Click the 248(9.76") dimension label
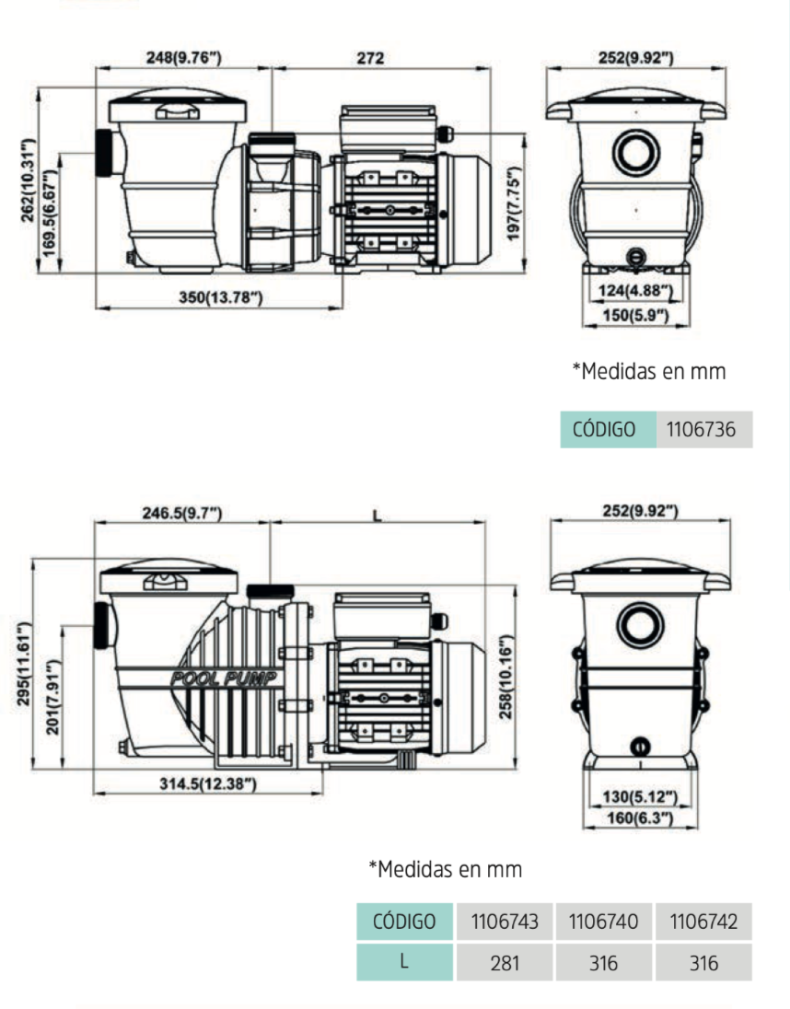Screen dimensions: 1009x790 [184, 58]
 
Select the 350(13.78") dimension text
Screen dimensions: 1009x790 [220, 296]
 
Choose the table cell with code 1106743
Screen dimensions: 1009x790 [504, 922]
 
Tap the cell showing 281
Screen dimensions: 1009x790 [504, 963]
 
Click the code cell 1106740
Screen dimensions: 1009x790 [604, 922]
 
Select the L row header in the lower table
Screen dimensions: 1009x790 [404, 963]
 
